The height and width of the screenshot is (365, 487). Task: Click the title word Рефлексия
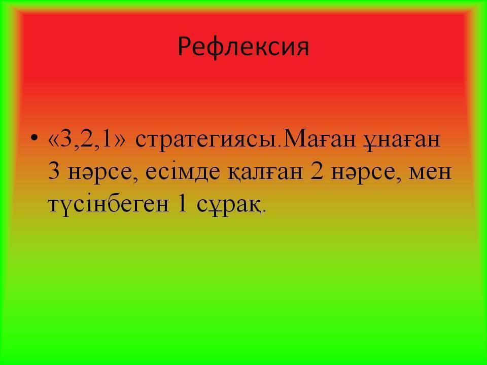[243, 47]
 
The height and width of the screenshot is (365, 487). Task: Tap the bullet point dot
[34, 137]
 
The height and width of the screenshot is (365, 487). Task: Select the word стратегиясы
[205, 140]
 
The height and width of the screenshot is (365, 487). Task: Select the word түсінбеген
[109, 205]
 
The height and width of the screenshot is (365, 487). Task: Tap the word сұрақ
[228, 205]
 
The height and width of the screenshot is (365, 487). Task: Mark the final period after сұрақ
[264, 211]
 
